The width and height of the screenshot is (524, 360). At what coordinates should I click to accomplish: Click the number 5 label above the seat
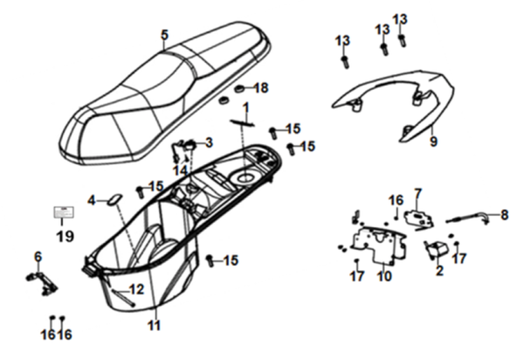click(x=164, y=35)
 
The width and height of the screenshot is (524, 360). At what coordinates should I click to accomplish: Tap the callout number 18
click(x=262, y=88)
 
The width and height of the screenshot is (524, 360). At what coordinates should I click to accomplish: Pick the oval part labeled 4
click(x=114, y=201)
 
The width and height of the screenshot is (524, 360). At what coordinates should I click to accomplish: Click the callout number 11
click(x=154, y=326)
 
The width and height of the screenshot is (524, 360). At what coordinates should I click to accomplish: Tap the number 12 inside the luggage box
click(x=136, y=289)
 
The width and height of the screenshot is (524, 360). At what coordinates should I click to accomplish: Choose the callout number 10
click(x=384, y=278)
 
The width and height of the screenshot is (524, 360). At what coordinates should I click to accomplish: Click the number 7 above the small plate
click(x=417, y=193)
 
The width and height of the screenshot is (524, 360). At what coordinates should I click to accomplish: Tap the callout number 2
click(x=438, y=270)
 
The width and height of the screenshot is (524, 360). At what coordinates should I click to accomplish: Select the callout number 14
click(x=180, y=169)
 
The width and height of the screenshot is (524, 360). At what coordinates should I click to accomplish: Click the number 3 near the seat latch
click(x=208, y=142)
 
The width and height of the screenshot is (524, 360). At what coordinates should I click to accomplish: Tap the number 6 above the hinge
click(x=38, y=256)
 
